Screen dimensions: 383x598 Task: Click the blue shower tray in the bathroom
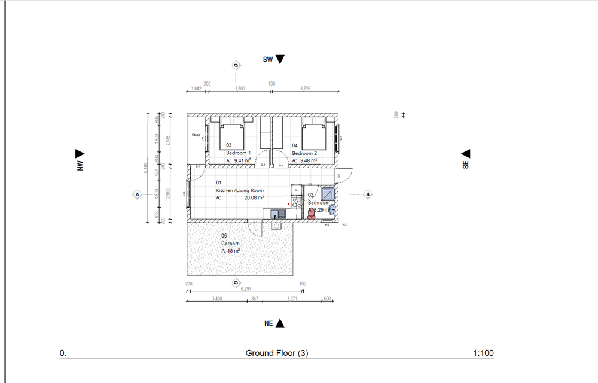click(328, 194)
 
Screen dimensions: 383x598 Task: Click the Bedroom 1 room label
click(238, 153)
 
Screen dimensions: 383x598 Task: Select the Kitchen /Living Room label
click(240, 190)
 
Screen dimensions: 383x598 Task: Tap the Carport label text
click(230, 244)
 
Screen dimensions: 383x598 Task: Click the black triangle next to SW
click(280, 59)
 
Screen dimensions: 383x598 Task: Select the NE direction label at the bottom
click(269, 323)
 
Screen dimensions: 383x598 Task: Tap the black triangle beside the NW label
click(78, 154)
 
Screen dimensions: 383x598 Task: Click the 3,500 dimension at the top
click(239, 88)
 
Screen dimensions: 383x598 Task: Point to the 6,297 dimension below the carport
click(246, 288)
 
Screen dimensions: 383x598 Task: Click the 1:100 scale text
click(483, 354)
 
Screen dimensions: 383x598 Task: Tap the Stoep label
click(196, 135)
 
